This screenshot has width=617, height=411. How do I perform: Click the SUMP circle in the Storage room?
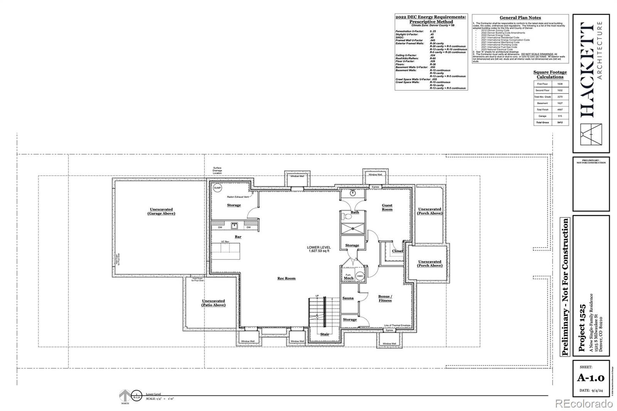pyautogui.click(x=218, y=188)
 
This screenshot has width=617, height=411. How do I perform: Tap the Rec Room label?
pyautogui.click(x=286, y=278)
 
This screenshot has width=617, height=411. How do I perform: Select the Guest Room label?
pyautogui.click(x=387, y=207)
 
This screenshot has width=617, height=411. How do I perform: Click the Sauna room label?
pyautogui.click(x=348, y=298)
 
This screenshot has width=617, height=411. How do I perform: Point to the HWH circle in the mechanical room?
pyautogui.click(x=360, y=276)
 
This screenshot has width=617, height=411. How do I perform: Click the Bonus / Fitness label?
pyautogui.click(x=385, y=298)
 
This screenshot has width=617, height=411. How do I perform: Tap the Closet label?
pyautogui.click(x=397, y=251)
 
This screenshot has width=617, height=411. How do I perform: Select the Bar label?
pyautogui.click(x=238, y=237)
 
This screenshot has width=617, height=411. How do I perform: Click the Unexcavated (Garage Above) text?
pyautogui.click(x=161, y=211)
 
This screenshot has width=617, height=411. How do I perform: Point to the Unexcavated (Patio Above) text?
pyautogui.click(x=213, y=303)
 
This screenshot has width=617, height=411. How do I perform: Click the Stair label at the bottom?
pyautogui.click(x=325, y=334)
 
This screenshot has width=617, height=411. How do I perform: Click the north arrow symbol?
pyautogui.click(x=125, y=396)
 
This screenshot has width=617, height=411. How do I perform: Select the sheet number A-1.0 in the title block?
pyautogui.click(x=590, y=378)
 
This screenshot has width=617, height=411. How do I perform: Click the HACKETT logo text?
pyautogui.click(x=587, y=69)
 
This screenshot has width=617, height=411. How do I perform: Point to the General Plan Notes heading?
pyautogui.click(x=520, y=18)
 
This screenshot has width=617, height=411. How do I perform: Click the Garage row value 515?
pyautogui.click(x=560, y=116)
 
